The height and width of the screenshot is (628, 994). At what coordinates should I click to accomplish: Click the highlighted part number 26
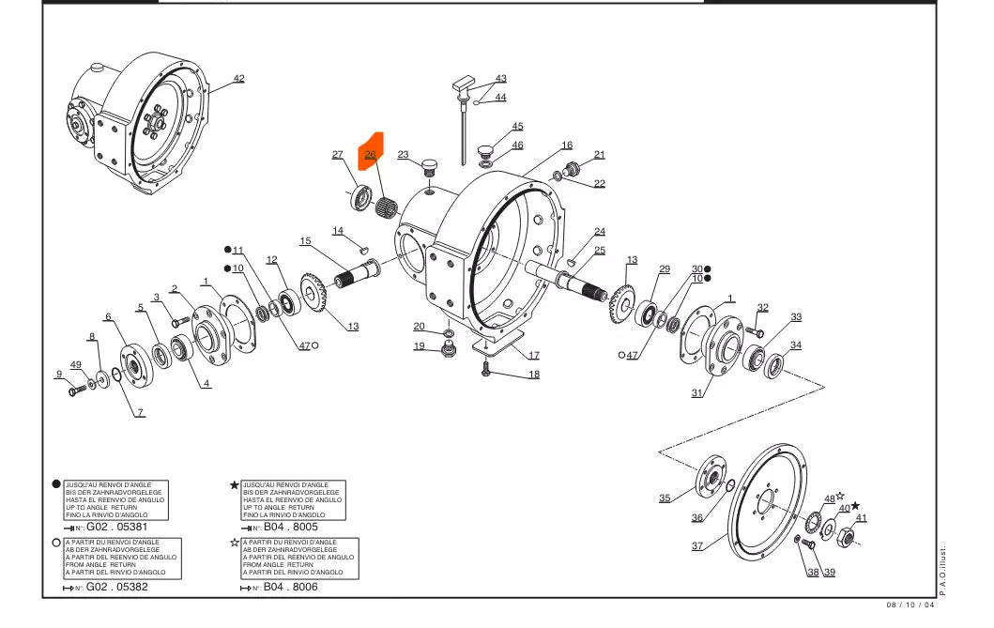(370, 154)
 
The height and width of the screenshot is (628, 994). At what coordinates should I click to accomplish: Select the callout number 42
(239, 78)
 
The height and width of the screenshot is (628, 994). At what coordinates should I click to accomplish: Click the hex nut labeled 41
(844, 537)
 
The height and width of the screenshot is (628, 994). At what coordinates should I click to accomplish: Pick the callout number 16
(567, 146)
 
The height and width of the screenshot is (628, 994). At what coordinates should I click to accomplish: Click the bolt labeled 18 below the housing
(485, 373)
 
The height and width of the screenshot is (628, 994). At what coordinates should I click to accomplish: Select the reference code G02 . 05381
(117, 528)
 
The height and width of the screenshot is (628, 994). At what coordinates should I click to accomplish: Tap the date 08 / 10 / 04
(910, 605)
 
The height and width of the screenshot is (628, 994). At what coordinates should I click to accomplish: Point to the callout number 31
(696, 393)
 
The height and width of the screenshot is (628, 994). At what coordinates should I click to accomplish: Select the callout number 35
(665, 498)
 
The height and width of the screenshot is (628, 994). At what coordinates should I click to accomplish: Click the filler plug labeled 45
(486, 150)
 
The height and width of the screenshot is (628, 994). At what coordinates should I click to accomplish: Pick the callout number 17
(533, 356)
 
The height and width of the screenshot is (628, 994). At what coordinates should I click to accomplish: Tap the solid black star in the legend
(234, 485)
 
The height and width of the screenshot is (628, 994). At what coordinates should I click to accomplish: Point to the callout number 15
(305, 241)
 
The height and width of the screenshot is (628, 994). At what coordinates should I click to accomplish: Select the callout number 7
(140, 413)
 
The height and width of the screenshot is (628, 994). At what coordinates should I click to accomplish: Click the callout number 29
(665, 269)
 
